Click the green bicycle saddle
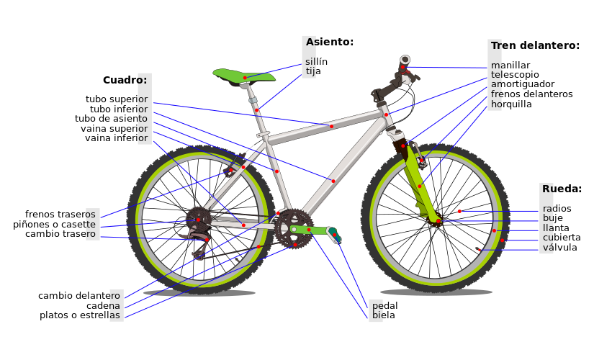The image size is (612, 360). click(x=243, y=75)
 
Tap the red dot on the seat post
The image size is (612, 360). click(x=256, y=110)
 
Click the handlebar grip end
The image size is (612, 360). click(x=405, y=60)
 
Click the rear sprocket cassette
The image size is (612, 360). click(x=198, y=219)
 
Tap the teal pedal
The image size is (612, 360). click(x=334, y=234)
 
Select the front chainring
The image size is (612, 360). click(x=293, y=228)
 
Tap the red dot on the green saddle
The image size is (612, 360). click(x=245, y=78)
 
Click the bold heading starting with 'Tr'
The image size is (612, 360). click(x=496, y=46)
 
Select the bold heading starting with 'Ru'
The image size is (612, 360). click(x=547, y=189)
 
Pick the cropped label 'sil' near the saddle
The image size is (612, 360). click(x=310, y=62)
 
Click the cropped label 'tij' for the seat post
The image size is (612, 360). click(x=310, y=71)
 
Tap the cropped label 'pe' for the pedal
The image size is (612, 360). click(x=376, y=305)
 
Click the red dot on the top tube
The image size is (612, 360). click(x=331, y=127)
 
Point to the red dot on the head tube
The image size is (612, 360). click(x=386, y=114)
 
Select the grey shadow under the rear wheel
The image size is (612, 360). click(x=199, y=293)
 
